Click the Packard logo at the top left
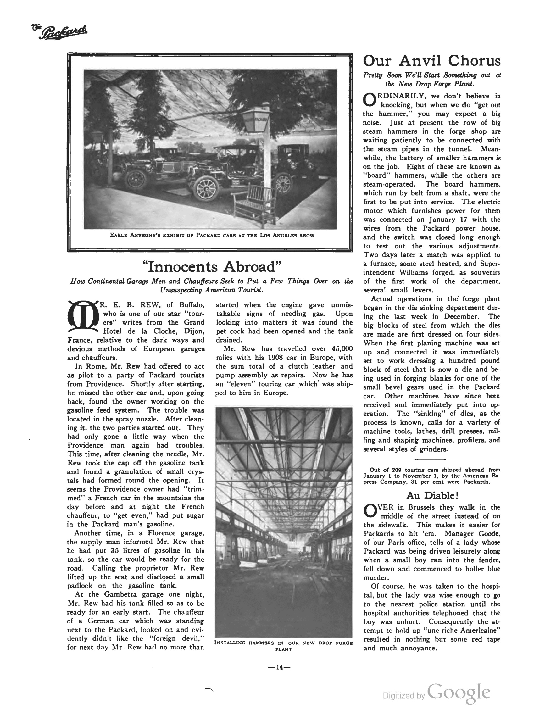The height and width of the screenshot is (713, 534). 60,32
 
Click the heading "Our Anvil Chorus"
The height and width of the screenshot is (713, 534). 432,61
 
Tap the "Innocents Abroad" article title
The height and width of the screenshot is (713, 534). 212,267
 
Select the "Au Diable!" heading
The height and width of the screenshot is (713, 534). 432,495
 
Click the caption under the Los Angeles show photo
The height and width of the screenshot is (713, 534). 212,235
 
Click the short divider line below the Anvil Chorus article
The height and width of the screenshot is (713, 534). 430,459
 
